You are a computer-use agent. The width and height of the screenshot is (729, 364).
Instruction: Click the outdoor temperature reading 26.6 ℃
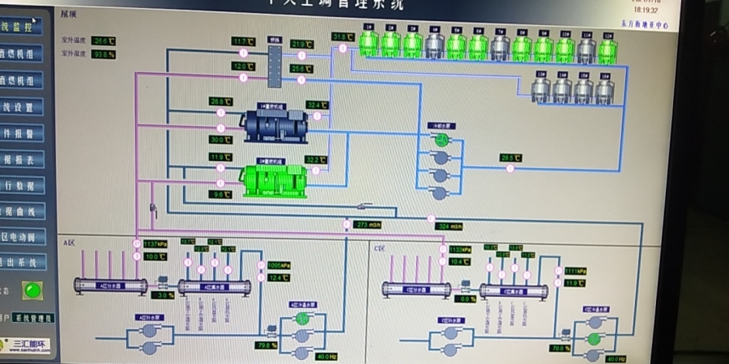click(104, 40)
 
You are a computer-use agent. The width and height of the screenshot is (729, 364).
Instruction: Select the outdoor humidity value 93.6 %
click(104, 54)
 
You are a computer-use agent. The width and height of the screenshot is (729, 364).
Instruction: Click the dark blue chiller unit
click(275, 123)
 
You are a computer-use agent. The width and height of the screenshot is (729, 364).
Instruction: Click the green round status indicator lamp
click(32, 289)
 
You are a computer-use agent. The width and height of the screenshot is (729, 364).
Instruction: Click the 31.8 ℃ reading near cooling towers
click(343, 37)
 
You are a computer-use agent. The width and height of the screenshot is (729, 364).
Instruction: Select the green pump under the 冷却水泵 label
click(441, 140)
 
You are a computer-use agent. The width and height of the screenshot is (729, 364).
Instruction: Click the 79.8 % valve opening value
click(266, 345)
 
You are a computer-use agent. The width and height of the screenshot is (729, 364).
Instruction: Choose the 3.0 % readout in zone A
click(164, 295)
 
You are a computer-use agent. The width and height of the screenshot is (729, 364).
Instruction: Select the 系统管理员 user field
click(33, 318)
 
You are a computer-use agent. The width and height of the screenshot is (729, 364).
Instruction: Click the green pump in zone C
click(594, 338)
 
